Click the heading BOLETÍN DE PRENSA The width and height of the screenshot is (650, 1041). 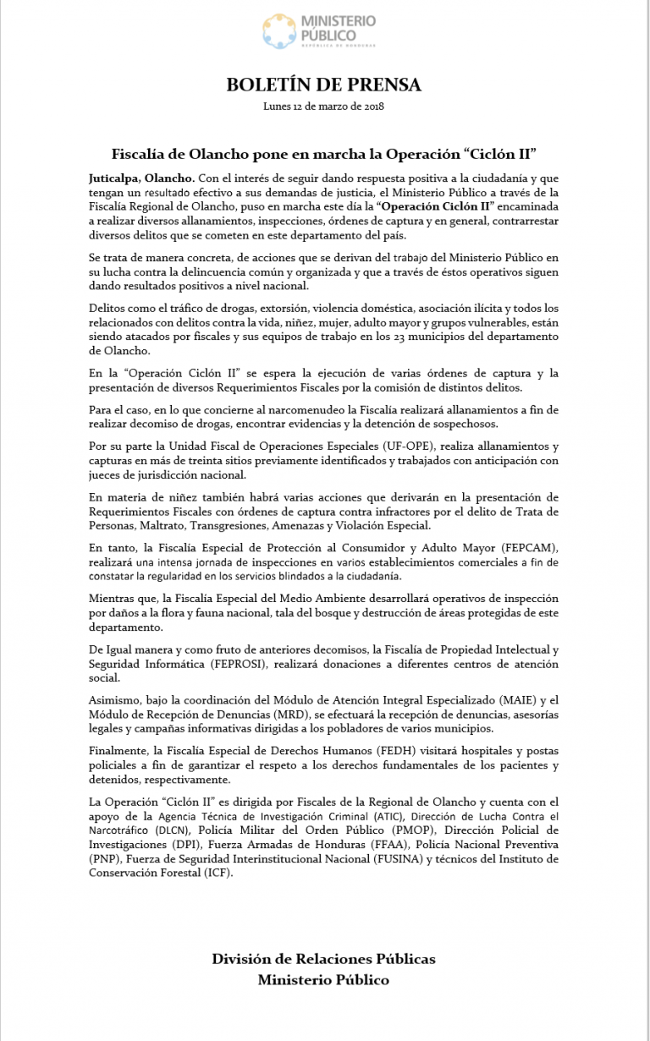click(324, 85)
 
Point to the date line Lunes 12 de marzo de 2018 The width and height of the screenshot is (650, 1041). click(324, 106)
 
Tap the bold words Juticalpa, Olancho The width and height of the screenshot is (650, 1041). click(141, 178)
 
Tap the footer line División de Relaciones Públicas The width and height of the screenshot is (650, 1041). click(324, 959)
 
